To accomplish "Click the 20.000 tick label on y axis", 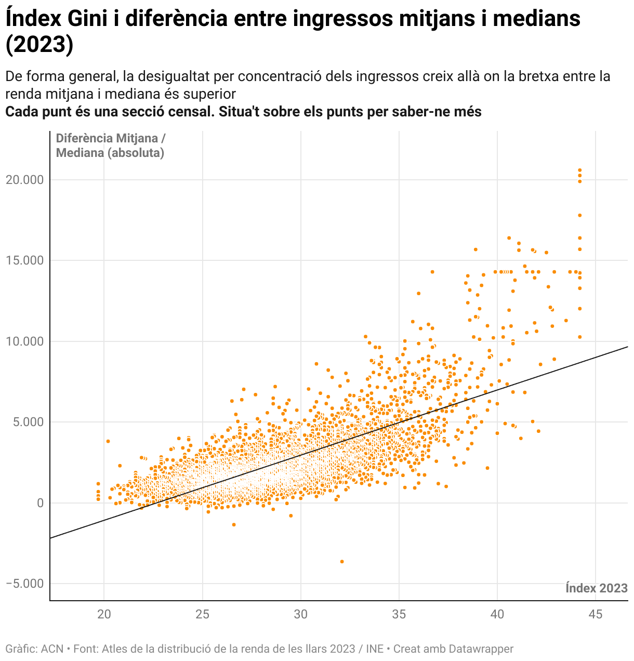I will pyautogui.click(x=24, y=180).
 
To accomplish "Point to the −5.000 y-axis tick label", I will pyautogui.click(x=24, y=584).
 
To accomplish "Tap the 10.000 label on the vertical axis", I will pyautogui.click(x=24, y=341).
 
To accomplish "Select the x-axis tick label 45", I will pyautogui.click(x=596, y=614).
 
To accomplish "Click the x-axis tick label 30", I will pyautogui.click(x=300, y=614).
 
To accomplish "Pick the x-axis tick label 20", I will pyautogui.click(x=104, y=614).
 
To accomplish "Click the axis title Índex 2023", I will pyautogui.click(x=596, y=588).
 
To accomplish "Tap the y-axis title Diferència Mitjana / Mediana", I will pyautogui.click(x=110, y=146).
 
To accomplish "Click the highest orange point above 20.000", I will pyautogui.click(x=580, y=170).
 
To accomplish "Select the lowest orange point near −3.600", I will pyautogui.click(x=341, y=561).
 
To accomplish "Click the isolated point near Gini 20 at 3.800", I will pyautogui.click(x=108, y=441).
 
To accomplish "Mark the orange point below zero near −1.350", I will pyautogui.click(x=234, y=525).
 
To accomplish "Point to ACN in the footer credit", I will pyautogui.click(x=52, y=649).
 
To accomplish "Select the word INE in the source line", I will pyautogui.click(x=375, y=649).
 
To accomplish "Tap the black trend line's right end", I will pyautogui.click(x=626, y=347).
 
